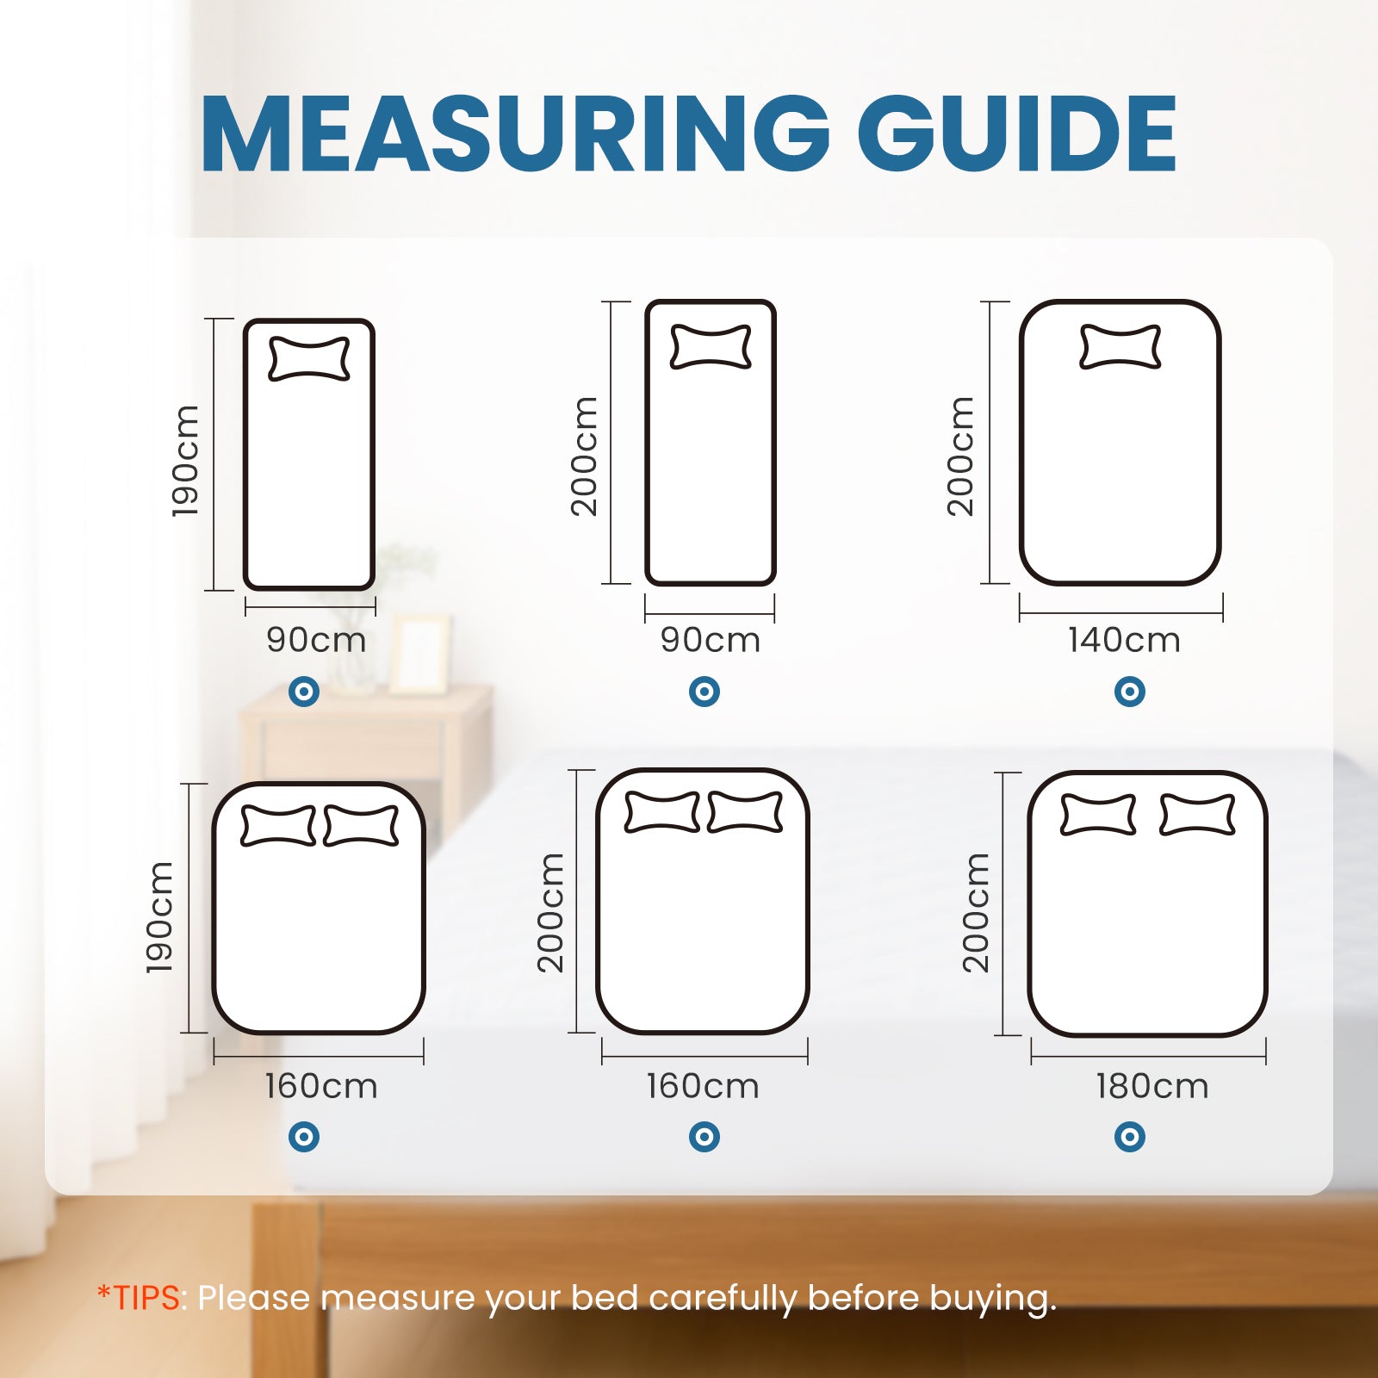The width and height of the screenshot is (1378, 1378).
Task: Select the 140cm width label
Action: (x=1124, y=640)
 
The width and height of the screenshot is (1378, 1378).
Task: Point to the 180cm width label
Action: (x=1152, y=1086)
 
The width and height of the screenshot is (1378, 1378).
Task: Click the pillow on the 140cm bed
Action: (x=1120, y=346)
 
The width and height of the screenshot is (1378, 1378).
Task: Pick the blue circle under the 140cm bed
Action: (x=1130, y=691)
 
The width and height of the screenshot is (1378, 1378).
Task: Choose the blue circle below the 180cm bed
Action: (x=1130, y=1137)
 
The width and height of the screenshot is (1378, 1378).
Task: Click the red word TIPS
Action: (x=146, y=1297)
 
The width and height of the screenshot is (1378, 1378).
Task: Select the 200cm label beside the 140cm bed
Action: (x=960, y=456)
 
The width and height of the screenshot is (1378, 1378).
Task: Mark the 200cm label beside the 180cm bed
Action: (x=976, y=913)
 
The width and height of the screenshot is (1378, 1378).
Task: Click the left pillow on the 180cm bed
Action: (x=1097, y=815)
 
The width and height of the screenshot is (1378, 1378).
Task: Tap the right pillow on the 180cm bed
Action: (x=1197, y=815)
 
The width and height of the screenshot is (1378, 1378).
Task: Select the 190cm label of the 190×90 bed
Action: (x=185, y=461)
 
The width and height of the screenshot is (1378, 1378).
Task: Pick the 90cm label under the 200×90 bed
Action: (x=711, y=640)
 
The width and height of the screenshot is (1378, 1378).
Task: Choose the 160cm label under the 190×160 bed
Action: (x=321, y=1086)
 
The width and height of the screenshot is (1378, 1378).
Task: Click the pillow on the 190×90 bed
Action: (x=309, y=358)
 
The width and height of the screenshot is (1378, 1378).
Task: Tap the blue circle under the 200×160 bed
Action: (x=705, y=1137)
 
